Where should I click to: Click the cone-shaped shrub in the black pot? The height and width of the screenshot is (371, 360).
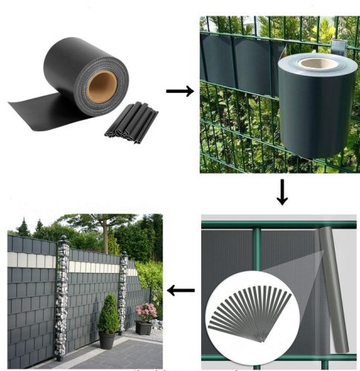coord(108,313)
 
